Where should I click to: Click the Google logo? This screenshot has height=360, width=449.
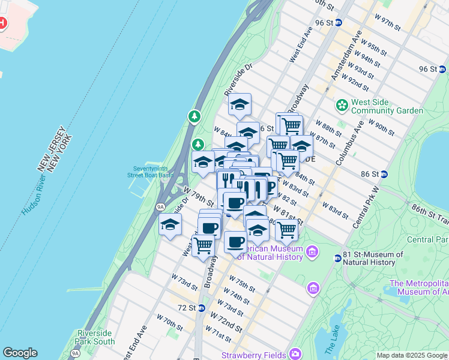tap(20, 353)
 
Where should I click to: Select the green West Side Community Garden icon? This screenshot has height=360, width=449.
tap(342, 106)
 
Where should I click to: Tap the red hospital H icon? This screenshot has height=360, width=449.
tap(2, 24)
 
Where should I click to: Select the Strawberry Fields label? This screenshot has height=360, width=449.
tap(254, 355)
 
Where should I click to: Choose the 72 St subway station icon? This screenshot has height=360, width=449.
tap(202, 308)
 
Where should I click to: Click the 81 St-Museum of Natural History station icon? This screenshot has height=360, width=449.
tap(338, 258)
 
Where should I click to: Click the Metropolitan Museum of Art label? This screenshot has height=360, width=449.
tap(418, 288)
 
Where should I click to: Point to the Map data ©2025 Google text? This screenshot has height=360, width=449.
tap(412, 355)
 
